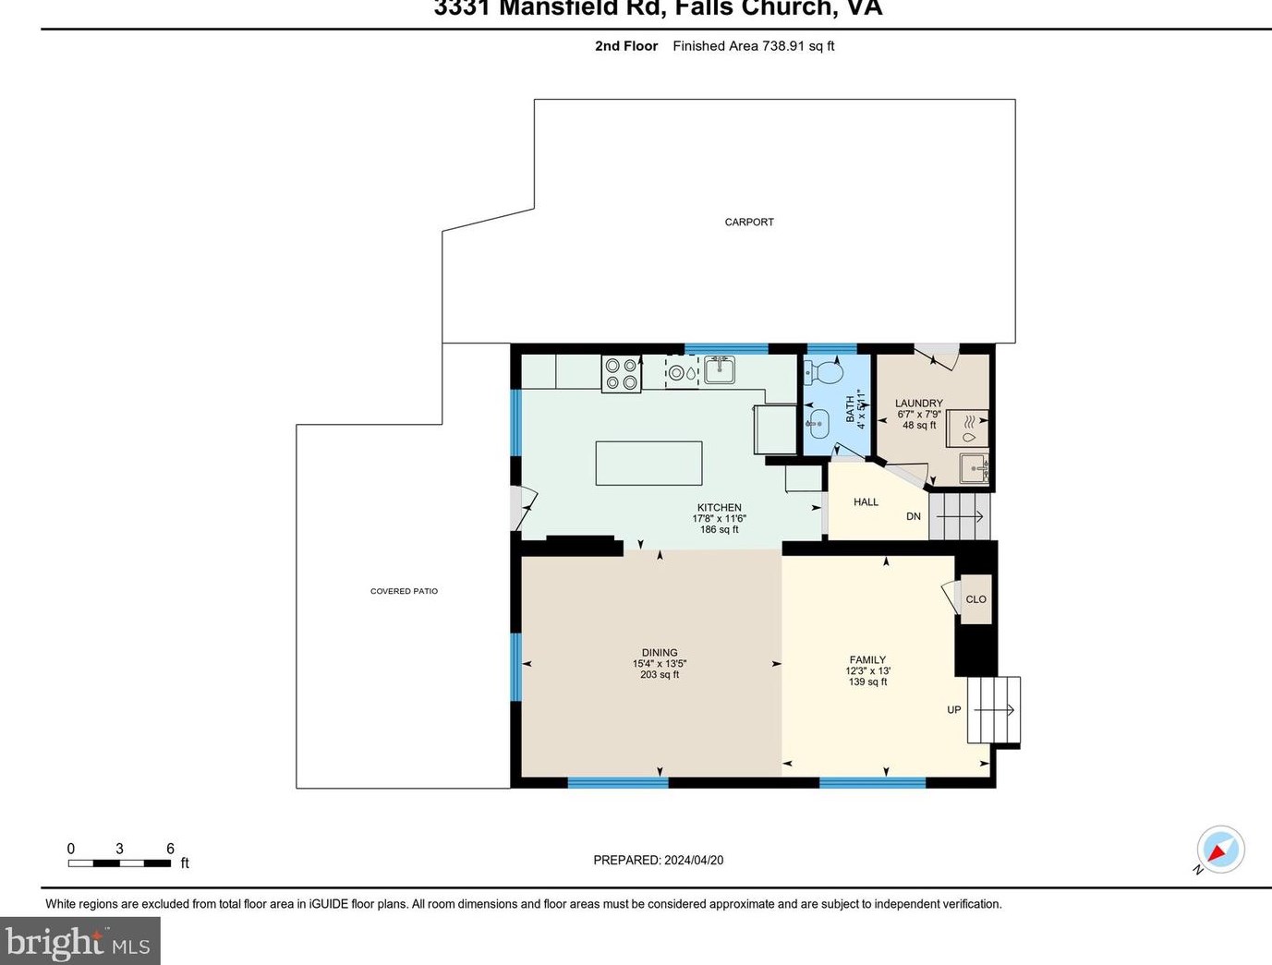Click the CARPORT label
(749, 222)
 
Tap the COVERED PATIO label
(404, 591)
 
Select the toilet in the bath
(824, 373)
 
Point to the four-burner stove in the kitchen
(621, 374)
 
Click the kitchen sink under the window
(719, 370)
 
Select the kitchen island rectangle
(648, 463)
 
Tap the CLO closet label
(975, 599)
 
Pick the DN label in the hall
(913, 516)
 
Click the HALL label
(866, 502)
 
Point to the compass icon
(1220, 849)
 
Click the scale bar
(119, 863)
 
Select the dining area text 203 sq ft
(660, 675)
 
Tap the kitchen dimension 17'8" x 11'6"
(719, 519)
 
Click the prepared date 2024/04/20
(693, 860)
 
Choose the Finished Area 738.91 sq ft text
(753, 46)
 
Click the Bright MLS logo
(79, 942)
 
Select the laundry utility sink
(973, 468)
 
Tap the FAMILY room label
(867, 660)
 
